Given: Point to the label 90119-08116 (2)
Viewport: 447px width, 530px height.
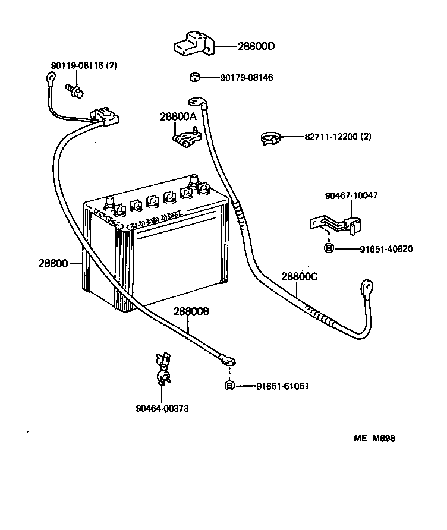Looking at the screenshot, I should pyautogui.click(x=83, y=65).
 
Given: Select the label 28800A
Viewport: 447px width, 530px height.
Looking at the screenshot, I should pyautogui.click(x=178, y=117).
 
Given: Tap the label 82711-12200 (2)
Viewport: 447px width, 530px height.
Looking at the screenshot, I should pyautogui.click(x=338, y=137).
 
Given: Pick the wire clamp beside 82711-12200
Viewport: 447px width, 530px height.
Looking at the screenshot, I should pyautogui.click(x=270, y=140).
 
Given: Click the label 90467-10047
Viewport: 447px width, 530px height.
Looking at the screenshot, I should pyautogui.click(x=351, y=195).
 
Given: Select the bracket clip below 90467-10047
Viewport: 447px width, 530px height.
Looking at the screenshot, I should pyautogui.click(x=336, y=225).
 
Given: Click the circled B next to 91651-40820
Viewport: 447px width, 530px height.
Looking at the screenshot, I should pyautogui.click(x=329, y=249).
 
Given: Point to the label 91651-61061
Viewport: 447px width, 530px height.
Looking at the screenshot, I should pyautogui.click(x=282, y=386).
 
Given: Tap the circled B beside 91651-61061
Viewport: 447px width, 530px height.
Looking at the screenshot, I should pyautogui.click(x=229, y=386).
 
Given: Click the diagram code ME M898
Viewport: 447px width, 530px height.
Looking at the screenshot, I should pyautogui.click(x=374, y=439).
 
